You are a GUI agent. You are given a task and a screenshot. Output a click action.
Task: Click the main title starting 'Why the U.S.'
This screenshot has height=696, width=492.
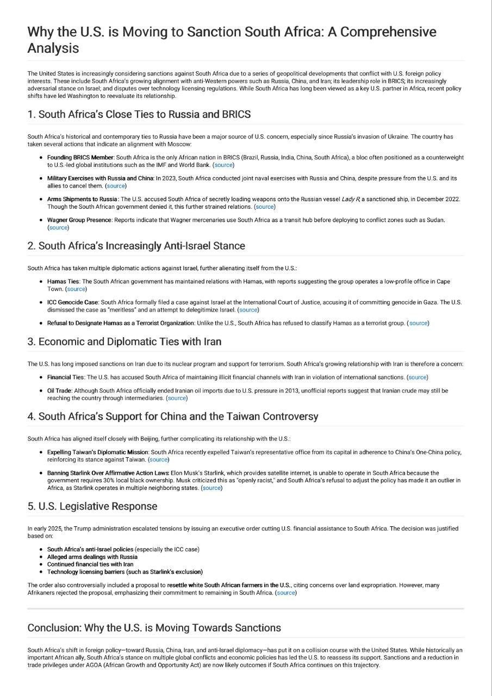pyautogui.click(x=232, y=40)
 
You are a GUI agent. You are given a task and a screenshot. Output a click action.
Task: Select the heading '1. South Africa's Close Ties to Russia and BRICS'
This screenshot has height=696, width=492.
pyautogui.click(x=139, y=115)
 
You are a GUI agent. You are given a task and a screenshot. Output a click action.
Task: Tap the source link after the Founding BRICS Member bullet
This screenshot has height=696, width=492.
pyautogui.click(x=223, y=165)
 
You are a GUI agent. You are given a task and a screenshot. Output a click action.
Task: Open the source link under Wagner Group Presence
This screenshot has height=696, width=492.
pyautogui.click(x=58, y=227)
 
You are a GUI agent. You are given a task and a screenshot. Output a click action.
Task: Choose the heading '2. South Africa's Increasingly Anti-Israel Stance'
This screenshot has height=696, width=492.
pyautogui.click(x=136, y=246)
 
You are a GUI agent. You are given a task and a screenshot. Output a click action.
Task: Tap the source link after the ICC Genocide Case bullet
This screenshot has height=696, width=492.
pyautogui.click(x=248, y=310)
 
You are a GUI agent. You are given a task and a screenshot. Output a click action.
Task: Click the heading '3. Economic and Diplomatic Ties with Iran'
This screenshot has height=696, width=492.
pyautogui.click(x=124, y=342)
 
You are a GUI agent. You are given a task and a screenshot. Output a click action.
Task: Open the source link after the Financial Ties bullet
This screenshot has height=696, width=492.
pyautogui.click(x=417, y=377)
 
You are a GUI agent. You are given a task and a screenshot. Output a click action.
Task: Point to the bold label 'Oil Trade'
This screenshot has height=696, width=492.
pyautogui.click(x=59, y=390)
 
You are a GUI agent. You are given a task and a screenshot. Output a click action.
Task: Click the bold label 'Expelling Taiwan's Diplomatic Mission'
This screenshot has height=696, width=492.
pyautogui.click(x=97, y=452)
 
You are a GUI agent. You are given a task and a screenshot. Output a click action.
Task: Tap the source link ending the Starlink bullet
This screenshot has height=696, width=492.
pyautogui.click(x=211, y=488)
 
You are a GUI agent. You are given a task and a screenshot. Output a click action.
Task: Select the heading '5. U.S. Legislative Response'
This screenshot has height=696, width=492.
pyautogui.click(x=92, y=506)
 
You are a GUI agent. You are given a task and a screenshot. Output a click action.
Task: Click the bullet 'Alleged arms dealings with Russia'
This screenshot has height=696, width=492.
pyautogui.click(x=92, y=557)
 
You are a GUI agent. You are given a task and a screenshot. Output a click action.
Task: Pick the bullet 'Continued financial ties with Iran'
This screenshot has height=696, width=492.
pyautogui.click(x=90, y=564)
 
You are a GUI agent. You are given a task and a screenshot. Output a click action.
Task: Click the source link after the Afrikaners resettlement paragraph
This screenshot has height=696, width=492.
pyautogui.click(x=286, y=593)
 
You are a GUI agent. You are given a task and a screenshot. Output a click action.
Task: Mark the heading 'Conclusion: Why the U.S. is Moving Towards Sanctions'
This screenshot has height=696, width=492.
pyautogui.click(x=154, y=628)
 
